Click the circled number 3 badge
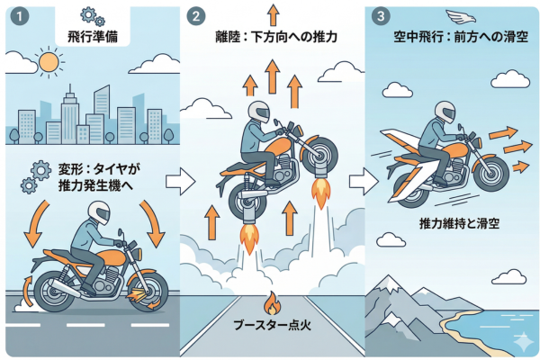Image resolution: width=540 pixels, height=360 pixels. tap(382, 15)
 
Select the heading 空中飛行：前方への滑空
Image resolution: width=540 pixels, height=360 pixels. tap(455, 40)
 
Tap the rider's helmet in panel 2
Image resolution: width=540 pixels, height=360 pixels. tap(259, 112)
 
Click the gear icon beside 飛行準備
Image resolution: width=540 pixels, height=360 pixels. tap(91, 15)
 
